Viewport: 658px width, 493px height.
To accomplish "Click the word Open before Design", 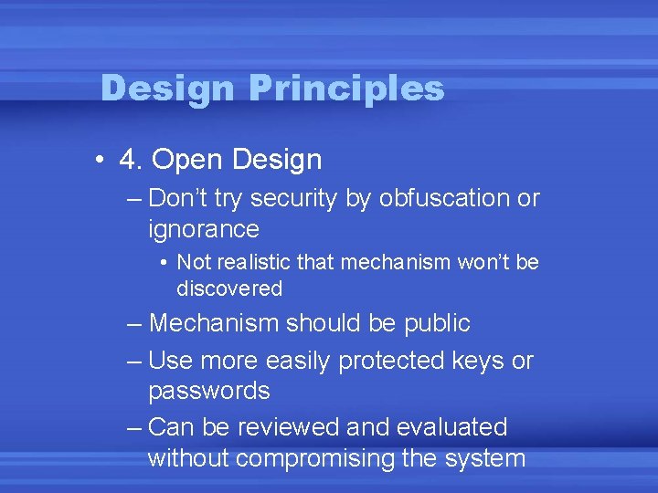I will [x=188, y=160].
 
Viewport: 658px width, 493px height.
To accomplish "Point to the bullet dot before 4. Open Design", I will [x=98, y=161].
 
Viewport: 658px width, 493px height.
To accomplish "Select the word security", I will [x=292, y=197].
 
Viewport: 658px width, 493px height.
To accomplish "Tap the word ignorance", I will [x=203, y=228].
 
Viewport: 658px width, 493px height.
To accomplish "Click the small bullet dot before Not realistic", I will [x=161, y=263].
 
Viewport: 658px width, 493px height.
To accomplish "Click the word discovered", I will [x=229, y=288].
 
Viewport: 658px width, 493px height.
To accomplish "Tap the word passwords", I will [x=208, y=392].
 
